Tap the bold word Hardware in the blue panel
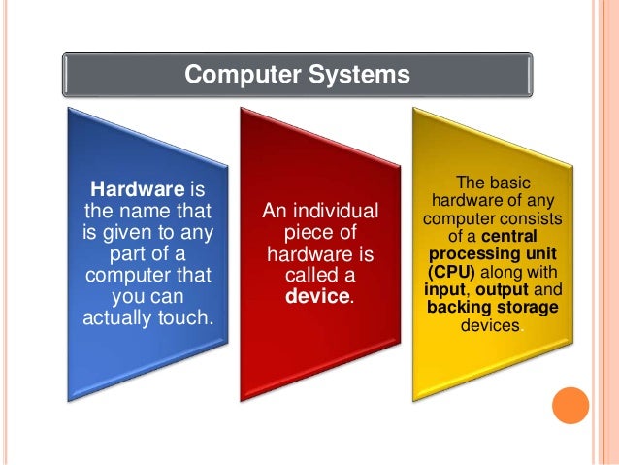[x=131, y=187]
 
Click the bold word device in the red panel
[x=318, y=294]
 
